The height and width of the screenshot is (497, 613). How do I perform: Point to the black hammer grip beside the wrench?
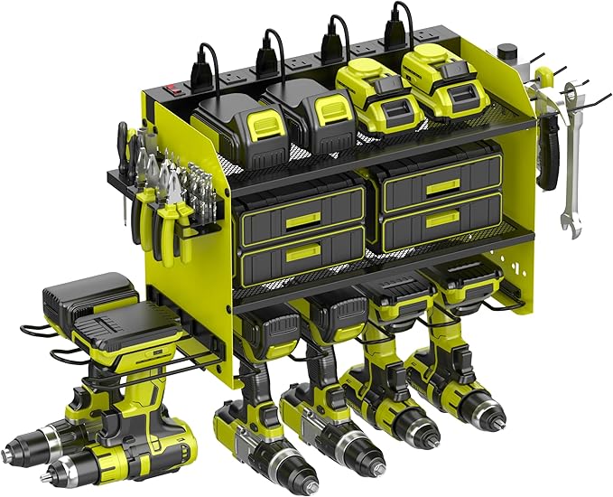pos(548,154)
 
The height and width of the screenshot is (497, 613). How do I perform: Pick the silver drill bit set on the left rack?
pos(194,180)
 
